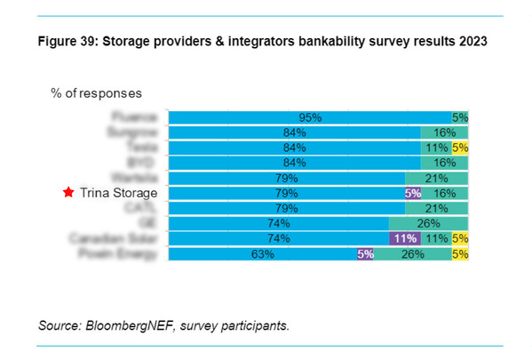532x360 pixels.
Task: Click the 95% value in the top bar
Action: coord(309,116)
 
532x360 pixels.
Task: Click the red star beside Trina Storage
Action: coord(68,192)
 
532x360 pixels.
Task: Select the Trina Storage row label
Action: coord(118,192)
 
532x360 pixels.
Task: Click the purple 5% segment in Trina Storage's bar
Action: coord(412,192)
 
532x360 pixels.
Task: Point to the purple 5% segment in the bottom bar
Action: coord(364,253)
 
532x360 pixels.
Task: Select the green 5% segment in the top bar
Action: coord(459,116)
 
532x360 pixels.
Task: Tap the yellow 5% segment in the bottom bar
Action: coord(459,253)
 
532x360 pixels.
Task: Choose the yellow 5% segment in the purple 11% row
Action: coord(459,238)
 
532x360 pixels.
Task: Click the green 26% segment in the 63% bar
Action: coord(411,253)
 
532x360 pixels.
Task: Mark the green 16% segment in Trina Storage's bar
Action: coord(444,192)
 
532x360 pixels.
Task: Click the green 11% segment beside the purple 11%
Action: coord(434,238)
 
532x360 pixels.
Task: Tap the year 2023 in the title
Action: coord(472,42)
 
